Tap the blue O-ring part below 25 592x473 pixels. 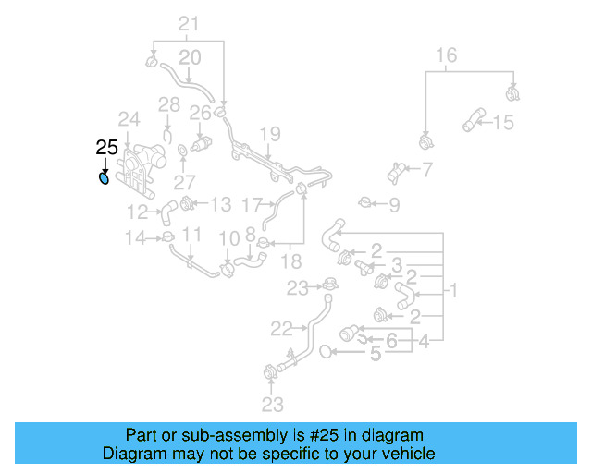(x=104, y=177)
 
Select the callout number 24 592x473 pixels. (x=129, y=119)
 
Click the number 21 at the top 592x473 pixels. (x=189, y=24)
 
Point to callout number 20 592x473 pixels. (x=189, y=58)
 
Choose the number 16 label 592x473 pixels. (x=446, y=56)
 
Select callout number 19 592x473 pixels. (x=268, y=135)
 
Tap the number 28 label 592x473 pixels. (x=168, y=105)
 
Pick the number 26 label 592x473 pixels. (x=201, y=114)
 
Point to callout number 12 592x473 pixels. (x=138, y=211)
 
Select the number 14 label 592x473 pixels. (x=136, y=238)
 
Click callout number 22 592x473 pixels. (x=281, y=327)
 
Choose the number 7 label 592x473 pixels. (x=427, y=169)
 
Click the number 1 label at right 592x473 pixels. (x=454, y=291)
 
